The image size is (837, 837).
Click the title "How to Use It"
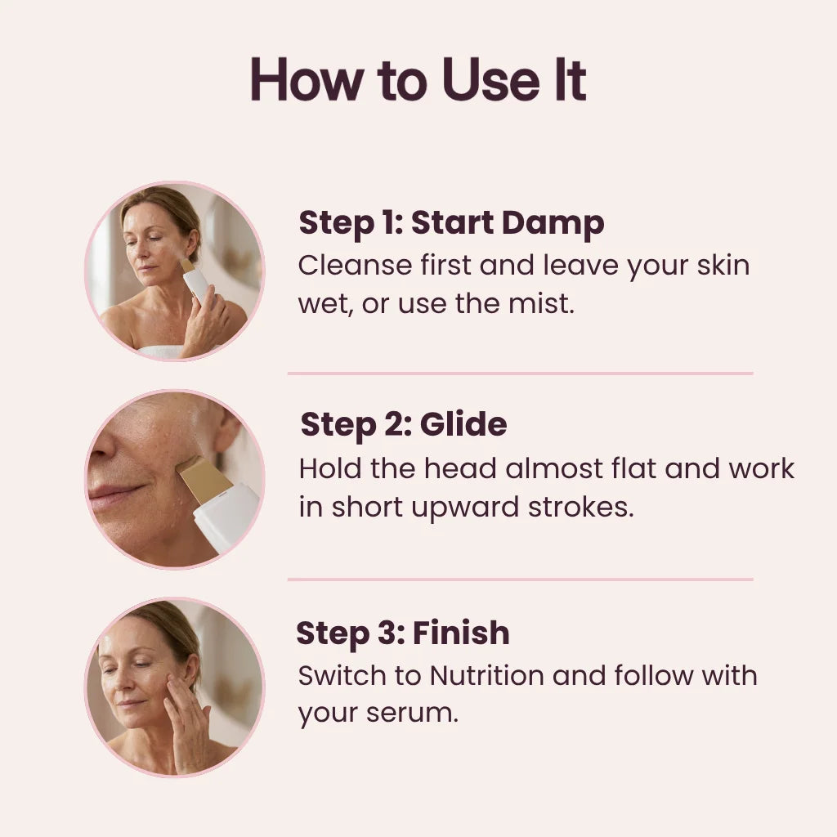418,79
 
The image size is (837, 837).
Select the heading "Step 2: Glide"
404,425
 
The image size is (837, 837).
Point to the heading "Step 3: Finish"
403,633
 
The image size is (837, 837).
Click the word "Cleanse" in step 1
355,266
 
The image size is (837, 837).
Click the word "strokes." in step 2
581,507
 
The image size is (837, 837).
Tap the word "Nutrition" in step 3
486,676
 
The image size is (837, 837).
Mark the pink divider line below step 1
520,374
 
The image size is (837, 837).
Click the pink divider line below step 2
520,580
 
